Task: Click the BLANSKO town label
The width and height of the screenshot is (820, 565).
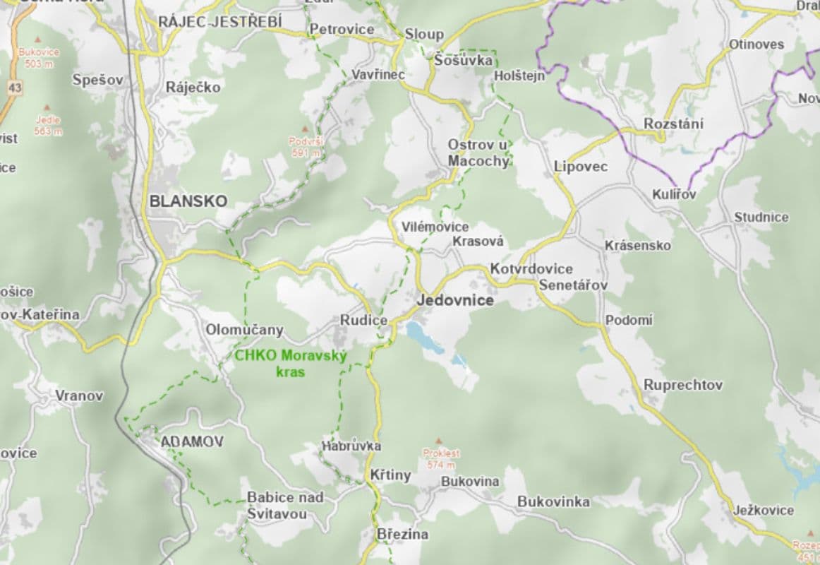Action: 188,201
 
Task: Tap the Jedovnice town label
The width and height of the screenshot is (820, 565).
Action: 455,300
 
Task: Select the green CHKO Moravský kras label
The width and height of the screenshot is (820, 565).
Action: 291,363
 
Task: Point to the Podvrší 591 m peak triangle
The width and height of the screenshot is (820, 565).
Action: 305,129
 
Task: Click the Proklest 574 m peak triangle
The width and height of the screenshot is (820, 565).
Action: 440,440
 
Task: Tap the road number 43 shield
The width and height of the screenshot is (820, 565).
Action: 16,88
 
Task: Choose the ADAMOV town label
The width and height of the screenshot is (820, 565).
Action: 192,442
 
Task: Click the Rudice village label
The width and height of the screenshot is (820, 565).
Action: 364,321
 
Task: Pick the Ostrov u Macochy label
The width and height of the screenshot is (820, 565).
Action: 478,153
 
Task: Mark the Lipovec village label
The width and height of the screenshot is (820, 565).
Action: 581,167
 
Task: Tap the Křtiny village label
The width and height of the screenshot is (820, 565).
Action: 390,475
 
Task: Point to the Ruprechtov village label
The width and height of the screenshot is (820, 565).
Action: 683,385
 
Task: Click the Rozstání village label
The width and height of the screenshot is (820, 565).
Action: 673,124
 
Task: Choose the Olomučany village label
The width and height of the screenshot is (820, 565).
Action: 244,330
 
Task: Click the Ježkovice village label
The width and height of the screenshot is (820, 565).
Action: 763,510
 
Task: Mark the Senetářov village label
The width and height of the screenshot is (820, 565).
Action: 572,285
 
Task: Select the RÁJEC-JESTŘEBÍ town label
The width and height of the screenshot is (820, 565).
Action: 219,22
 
